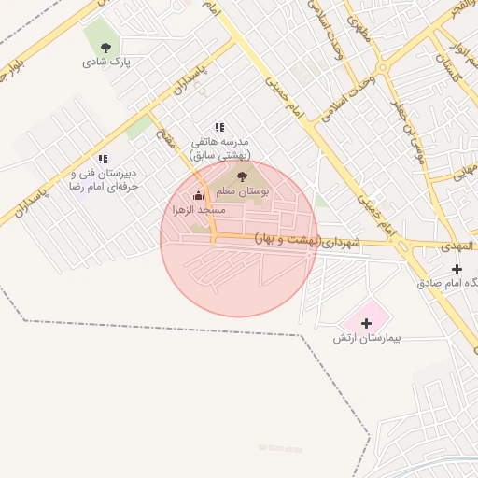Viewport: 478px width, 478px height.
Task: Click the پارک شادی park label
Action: tap(105, 63)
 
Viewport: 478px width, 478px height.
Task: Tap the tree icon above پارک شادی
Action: tap(105, 47)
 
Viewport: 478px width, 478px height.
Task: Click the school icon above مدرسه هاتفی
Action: tap(219, 127)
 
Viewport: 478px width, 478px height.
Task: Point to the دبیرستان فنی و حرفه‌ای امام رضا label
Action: tap(105, 180)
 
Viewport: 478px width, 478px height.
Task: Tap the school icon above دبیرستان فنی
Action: tap(103, 160)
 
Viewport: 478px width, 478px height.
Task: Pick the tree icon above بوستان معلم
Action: tap(244, 174)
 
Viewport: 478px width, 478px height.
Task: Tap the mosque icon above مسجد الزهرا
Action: tap(197, 195)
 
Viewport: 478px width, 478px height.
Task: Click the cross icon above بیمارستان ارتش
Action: tap(366, 322)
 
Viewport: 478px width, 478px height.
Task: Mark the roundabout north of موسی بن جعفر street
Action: tap(382, 67)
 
